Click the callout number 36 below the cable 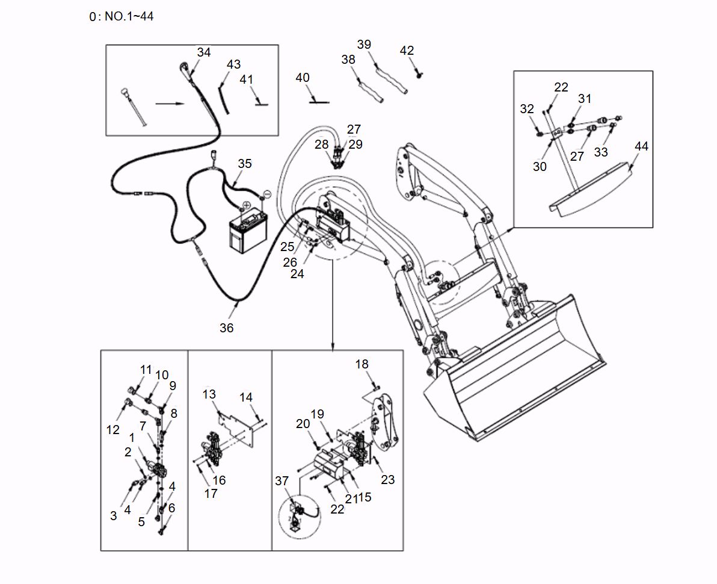[x=226, y=328]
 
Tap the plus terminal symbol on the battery [x=247, y=205]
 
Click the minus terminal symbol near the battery [x=267, y=194]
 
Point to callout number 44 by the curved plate [x=641, y=146]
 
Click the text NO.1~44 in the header [x=129, y=16]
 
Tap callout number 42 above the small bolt [x=407, y=51]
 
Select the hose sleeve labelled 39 [x=391, y=78]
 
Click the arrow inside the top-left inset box [x=170, y=104]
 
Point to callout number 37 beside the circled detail [x=282, y=480]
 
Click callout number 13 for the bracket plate [x=209, y=394]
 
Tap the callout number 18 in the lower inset [x=362, y=364]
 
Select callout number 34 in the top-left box [x=204, y=52]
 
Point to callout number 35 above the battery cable [x=244, y=164]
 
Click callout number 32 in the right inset [x=527, y=109]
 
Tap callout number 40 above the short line [x=303, y=78]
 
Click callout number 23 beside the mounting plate [x=388, y=480]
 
